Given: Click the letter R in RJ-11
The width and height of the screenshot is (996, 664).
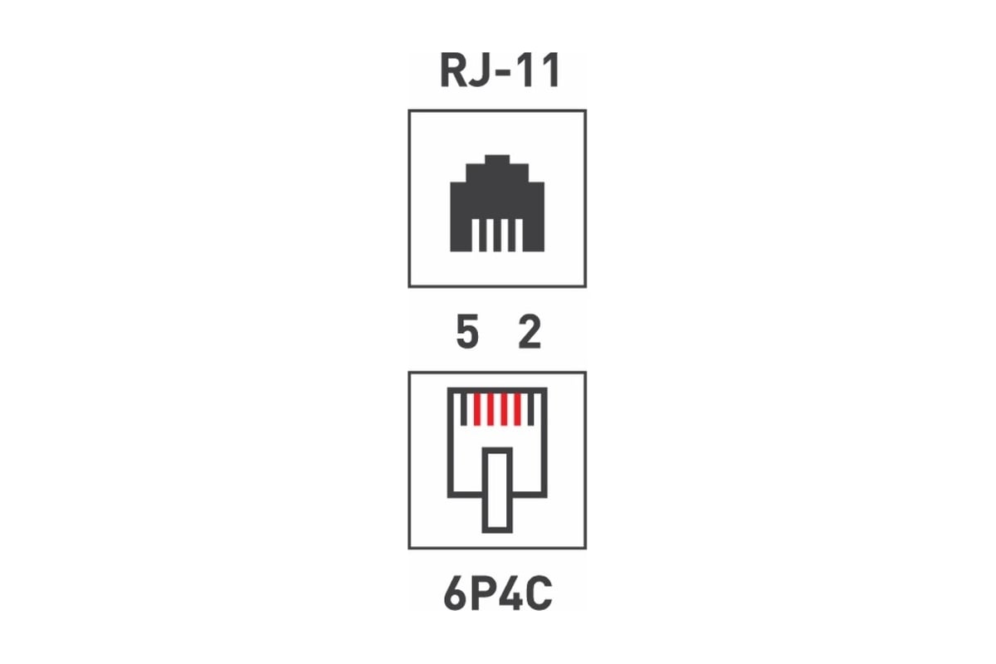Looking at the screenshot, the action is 452,71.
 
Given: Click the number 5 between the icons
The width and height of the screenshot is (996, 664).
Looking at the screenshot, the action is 467,331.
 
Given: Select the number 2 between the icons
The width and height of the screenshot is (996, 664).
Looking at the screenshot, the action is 530,331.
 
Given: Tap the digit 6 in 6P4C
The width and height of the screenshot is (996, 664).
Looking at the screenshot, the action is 455,593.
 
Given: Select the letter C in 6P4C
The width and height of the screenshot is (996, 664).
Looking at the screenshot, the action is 539,593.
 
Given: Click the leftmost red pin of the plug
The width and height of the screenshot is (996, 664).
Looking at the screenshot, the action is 477,409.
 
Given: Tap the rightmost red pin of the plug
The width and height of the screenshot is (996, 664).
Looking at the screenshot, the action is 517,409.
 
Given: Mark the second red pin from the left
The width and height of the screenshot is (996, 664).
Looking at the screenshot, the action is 491,409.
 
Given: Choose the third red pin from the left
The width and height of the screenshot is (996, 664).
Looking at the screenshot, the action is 504,409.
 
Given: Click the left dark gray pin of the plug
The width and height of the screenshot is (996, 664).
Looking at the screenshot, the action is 464,409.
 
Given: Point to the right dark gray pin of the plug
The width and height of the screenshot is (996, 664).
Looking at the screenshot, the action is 530,409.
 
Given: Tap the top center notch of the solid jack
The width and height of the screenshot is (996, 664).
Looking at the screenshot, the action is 497,159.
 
